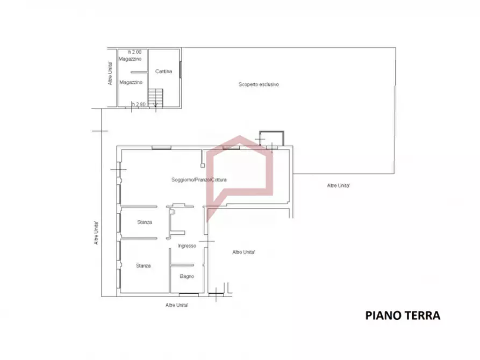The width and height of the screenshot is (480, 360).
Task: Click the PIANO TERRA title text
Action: pyautogui.click(x=403, y=315)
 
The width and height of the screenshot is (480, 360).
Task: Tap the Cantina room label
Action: pyautogui.click(x=163, y=71)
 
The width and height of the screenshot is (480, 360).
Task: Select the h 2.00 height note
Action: pyautogui.click(x=135, y=52)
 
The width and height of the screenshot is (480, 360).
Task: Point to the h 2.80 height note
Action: pyautogui.click(x=139, y=104)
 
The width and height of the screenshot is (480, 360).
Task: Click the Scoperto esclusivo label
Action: pyautogui.click(x=259, y=84)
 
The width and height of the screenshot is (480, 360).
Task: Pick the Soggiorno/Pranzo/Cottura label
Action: pyautogui.click(x=199, y=179)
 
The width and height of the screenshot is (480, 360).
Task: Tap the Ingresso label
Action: pyautogui.click(x=187, y=246)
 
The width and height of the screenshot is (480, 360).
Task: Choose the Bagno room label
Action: pyautogui.click(x=187, y=276)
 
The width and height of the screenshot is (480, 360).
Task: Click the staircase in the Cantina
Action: pyautogui.click(x=155, y=98)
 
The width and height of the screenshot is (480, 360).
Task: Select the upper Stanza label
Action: pyautogui.click(x=145, y=222)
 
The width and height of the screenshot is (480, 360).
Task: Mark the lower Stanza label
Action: pyautogui.click(x=144, y=266)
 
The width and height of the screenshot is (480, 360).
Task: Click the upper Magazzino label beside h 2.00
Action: pyautogui.click(x=130, y=59)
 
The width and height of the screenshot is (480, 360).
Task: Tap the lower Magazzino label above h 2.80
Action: pyautogui.click(x=131, y=82)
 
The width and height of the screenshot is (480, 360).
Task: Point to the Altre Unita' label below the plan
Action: pyautogui.click(x=177, y=305)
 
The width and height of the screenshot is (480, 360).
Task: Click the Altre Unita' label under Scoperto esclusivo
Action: pyautogui.click(x=339, y=185)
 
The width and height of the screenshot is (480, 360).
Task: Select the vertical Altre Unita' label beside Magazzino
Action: pyautogui.click(x=110, y=74)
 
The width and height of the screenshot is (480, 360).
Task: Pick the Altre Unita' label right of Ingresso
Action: pyautogui.click(x=243, y=252)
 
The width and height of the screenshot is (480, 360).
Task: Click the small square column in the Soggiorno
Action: pyautogui.click(x=203, y=165)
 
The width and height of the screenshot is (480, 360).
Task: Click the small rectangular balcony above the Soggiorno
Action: pyautogui.click(x=271, y=139)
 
